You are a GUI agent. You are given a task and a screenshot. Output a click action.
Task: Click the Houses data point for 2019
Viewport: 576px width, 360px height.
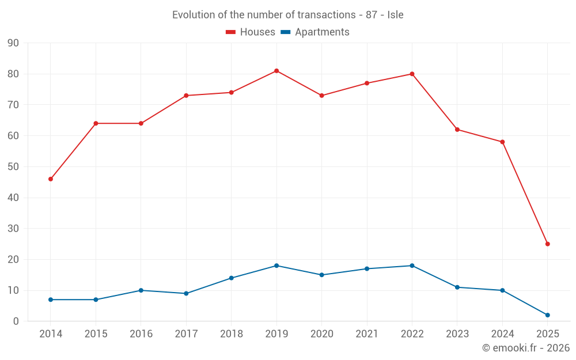276,71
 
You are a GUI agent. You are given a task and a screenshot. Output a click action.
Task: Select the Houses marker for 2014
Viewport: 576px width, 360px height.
51,179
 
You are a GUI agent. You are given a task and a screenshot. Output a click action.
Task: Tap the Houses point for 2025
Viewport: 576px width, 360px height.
547,244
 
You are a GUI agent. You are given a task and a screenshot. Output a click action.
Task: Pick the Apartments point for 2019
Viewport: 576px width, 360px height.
276,266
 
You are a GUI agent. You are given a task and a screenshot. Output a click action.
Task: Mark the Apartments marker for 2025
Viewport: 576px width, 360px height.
547,315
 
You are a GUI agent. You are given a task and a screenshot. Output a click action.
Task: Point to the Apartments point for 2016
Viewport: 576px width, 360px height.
141,290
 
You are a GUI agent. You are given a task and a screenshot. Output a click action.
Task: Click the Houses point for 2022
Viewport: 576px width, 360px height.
412,74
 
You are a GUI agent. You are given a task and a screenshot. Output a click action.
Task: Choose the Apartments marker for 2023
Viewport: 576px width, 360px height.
457,287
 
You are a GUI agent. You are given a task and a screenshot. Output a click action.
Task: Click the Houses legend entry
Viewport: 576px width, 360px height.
251,32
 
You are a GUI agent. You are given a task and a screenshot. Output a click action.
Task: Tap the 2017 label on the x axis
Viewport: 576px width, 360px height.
186,334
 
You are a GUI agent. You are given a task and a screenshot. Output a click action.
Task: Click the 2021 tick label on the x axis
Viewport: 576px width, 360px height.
367,334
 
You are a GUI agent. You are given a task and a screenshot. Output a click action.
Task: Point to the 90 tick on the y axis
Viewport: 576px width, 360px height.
13,43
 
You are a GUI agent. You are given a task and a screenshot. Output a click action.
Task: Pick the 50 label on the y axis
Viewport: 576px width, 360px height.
13,167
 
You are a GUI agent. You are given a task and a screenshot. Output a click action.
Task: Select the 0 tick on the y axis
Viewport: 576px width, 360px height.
16,321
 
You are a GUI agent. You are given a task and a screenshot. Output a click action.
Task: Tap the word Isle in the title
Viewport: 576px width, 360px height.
395,15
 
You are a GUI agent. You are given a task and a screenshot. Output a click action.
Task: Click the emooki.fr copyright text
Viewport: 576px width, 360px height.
526,348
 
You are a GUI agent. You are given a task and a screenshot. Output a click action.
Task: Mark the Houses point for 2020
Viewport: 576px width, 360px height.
321,96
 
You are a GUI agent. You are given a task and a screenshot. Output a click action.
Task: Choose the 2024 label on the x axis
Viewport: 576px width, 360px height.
502,334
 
